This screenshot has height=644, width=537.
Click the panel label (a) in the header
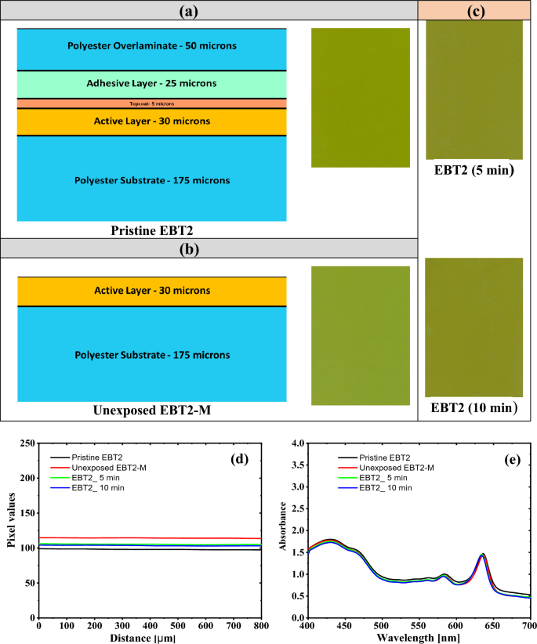tap(209, 10)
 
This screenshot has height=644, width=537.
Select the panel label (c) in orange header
tap(476, 10)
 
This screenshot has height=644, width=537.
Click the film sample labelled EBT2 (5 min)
tap(474, 90)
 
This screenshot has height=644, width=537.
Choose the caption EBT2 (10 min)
tap(474, 409)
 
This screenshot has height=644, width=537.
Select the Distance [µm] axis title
tap(150, 638)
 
